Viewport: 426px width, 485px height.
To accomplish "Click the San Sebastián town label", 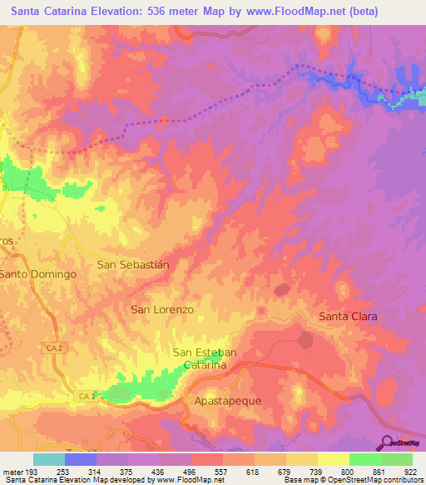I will click(133, 264).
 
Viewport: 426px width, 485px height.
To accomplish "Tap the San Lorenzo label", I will click(162, 309).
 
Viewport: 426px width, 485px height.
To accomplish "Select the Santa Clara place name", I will click(349, 317).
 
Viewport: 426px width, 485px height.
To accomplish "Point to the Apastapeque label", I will click(227, 401).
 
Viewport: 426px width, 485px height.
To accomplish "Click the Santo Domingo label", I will click(38, 273).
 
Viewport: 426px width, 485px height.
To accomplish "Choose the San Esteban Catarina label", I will click(205, 359).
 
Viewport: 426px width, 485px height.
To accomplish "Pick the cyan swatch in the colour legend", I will click(48, 459).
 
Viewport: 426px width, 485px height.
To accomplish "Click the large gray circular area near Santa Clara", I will click(305, 340).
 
